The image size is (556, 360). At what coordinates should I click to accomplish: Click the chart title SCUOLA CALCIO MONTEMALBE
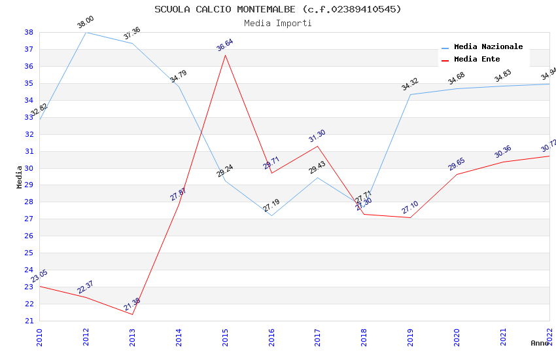[x=278, y=9]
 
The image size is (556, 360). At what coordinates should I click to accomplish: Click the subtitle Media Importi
[x=278, y=23]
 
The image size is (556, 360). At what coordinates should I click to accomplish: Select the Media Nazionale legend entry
[x=488, y=46]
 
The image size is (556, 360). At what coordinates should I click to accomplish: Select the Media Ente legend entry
[x=477, y=59]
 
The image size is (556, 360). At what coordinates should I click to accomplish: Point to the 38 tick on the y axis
[x=29, y=32]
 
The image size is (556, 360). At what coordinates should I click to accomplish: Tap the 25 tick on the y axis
[x=29, y=253]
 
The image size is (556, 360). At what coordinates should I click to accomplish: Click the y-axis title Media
[x=20, y=177]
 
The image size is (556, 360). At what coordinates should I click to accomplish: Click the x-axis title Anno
[x=540, y=343]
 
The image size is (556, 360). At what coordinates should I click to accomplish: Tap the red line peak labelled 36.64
[x=226, y=55]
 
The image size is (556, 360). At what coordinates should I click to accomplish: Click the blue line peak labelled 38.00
[x=86, y=32]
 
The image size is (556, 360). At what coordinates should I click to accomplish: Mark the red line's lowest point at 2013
[x=133, y=314]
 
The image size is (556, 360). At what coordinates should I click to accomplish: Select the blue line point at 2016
[x=271, y=215]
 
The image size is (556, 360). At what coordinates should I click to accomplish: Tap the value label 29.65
[x=456, y=164]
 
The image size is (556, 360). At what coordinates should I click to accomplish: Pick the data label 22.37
[x=85, y=287]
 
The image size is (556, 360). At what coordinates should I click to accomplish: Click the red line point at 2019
[x=411, y=217]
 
